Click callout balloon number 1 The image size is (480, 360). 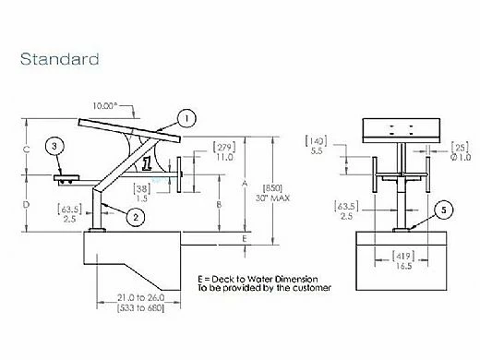186,117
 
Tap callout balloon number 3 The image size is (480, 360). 56,147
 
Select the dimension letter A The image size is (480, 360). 244,183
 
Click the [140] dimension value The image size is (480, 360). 316,141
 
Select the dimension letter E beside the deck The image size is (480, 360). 244,238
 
